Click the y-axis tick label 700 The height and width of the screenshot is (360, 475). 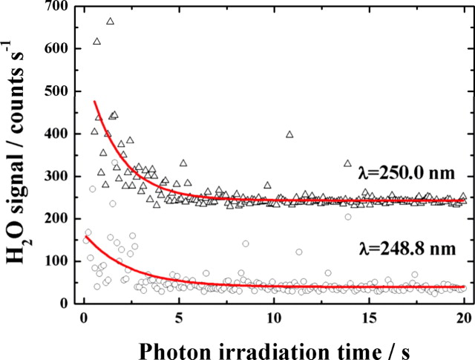tap(59, 7)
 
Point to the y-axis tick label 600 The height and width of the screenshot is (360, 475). tap(59, 49)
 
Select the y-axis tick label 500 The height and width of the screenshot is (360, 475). tap(59, 91)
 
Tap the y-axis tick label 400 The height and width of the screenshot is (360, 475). tap(59, 134)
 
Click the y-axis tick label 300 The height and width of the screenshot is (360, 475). tap(59, 176)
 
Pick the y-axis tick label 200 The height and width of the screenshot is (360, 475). tap(59, 219)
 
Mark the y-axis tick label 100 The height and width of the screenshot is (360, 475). tap(59, 261)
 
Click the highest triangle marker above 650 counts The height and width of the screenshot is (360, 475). tap(110, 21)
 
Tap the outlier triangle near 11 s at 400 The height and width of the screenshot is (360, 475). tap(289, 134)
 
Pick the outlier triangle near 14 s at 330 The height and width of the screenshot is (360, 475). tap(347, 163)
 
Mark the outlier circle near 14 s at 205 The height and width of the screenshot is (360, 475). tap(347, 217)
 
